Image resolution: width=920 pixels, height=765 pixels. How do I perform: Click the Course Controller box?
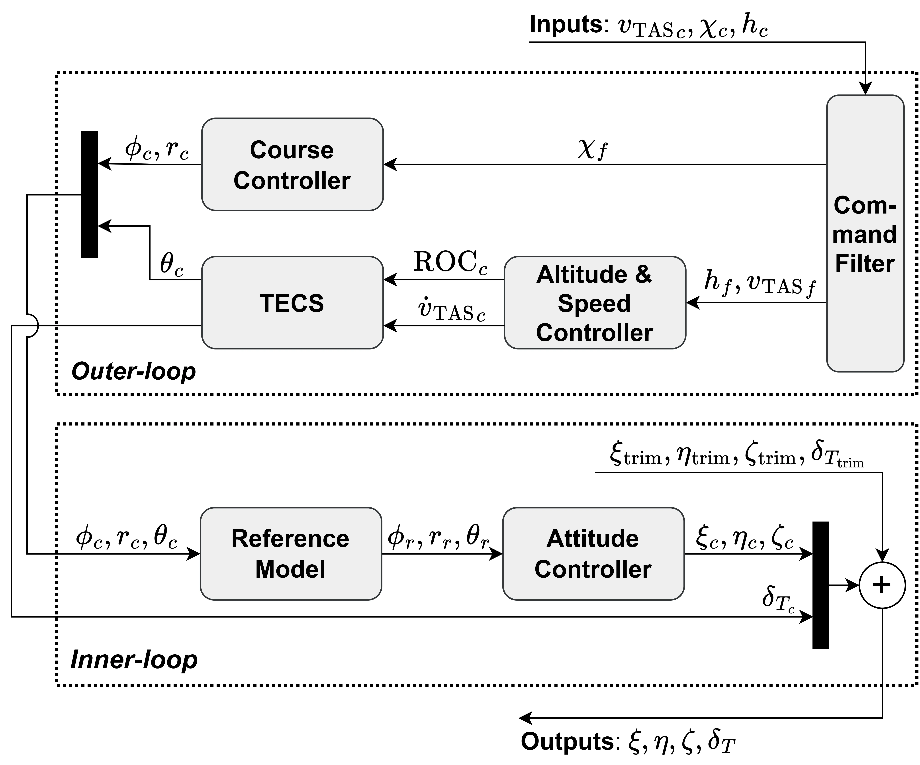coord(292,164)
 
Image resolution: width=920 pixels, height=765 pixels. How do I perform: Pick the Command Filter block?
coord(865,233)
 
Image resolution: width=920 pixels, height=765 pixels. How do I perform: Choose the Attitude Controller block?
coord(593,553)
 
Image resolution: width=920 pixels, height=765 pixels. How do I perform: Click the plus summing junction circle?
coord(882,585)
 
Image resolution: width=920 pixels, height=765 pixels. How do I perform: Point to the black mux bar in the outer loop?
coord(90,194)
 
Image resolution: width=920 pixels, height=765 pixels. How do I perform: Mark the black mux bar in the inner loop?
coord(821,585)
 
